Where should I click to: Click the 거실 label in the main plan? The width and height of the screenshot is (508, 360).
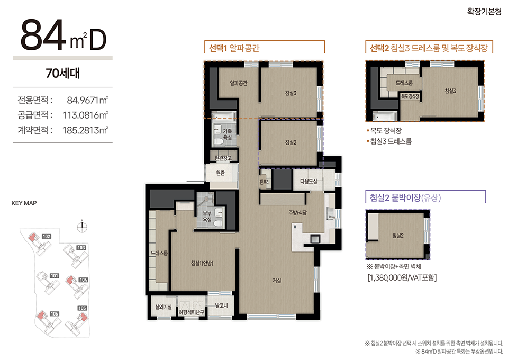tap(277, 281)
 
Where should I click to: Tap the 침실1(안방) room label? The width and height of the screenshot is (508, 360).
tap(202, 263)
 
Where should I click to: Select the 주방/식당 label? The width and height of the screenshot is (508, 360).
tap(297, 213)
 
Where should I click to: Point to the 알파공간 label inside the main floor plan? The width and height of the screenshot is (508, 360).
tap(239, 83)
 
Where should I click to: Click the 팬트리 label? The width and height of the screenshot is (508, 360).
tap(265, 182)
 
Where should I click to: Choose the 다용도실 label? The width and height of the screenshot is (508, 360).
tap(309, 182)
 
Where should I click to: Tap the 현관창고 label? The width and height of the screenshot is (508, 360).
tap(223, 158)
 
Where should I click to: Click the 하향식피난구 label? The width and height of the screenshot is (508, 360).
tap(191, 312)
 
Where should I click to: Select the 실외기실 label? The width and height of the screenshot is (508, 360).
tap(164, 307)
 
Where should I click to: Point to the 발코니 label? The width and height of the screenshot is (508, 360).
tap(221, 305)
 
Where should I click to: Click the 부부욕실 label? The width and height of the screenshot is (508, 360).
tap(207, 217)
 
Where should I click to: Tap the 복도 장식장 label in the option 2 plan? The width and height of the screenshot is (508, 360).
tap(410, 96)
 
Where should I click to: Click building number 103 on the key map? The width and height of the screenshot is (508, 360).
tap(81, 248)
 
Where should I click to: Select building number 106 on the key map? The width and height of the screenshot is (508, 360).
tap(54, 313)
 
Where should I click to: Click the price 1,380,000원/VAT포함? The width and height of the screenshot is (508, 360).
tap(402, 278)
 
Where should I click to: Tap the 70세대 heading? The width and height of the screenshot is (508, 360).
tap(63, 73)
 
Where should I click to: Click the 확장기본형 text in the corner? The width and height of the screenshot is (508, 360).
tap(484, 11)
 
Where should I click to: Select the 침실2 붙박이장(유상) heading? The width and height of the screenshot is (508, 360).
tap(405, 197)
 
